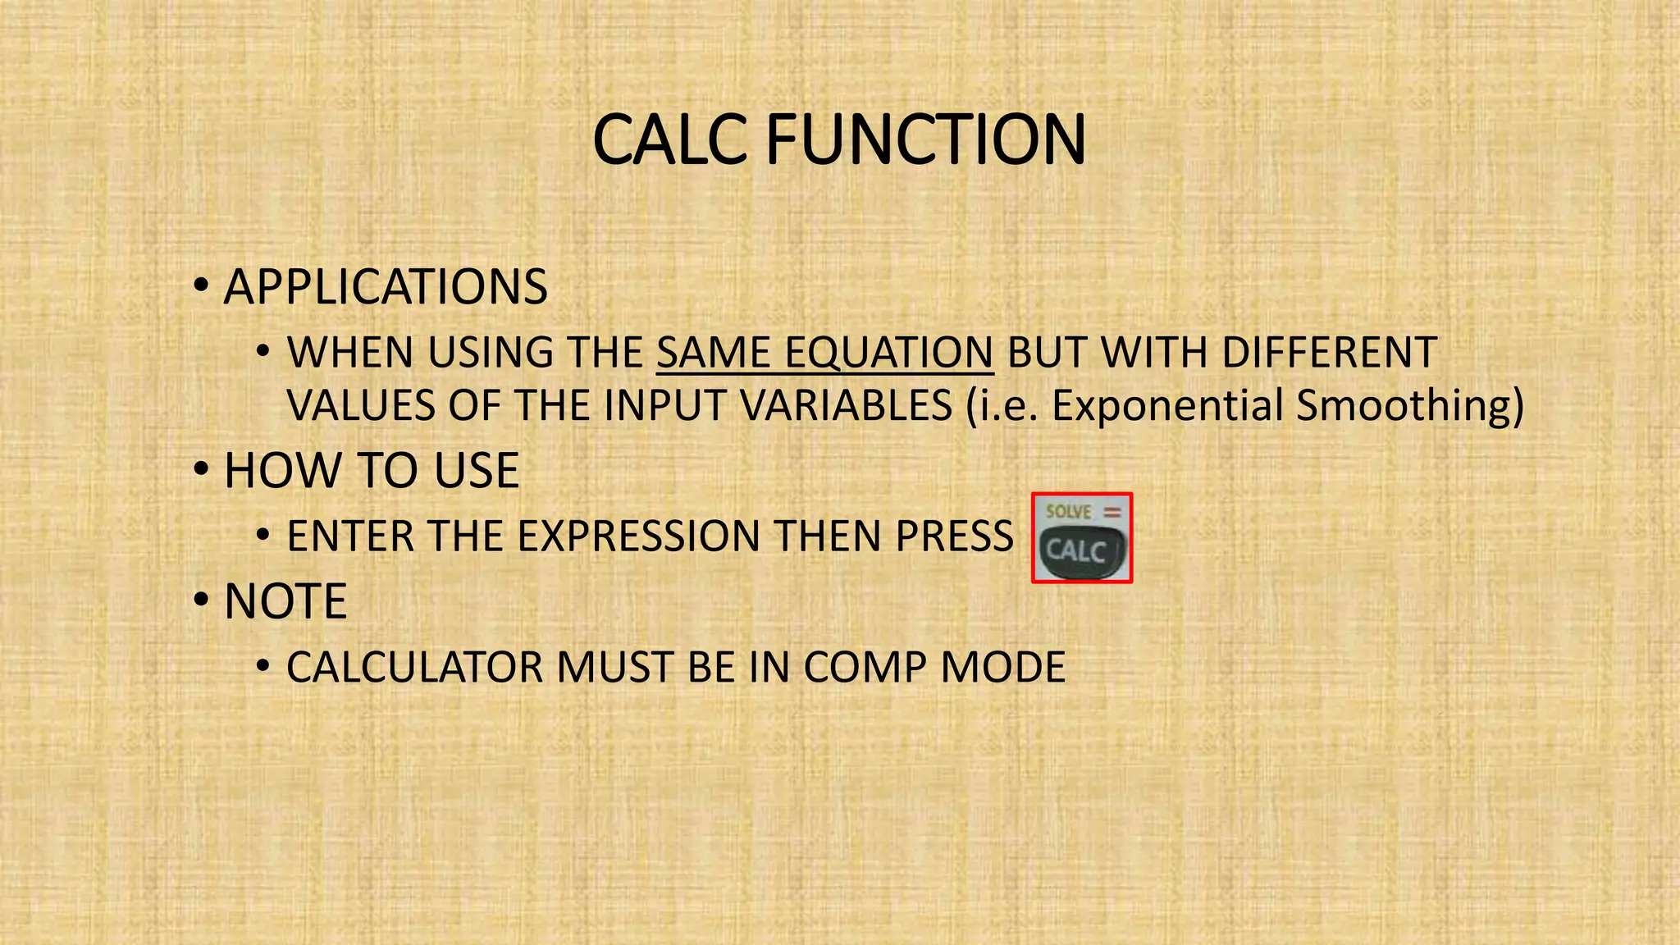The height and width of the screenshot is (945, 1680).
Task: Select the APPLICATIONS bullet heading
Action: coord(386,287)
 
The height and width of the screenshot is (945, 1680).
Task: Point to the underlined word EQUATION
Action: coord(888,353)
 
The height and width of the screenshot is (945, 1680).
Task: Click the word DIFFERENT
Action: coord(1329,353)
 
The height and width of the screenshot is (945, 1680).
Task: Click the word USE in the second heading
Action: coord(477,471)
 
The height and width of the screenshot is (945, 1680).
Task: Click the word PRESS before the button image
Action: coord(955,536)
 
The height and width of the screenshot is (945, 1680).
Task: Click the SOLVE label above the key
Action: coord(1068,512)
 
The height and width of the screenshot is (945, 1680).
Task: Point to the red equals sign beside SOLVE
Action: coord(1112,512)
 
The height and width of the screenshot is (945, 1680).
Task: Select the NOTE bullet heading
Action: coord(285,601)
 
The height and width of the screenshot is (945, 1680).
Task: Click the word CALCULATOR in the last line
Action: coord(414,667)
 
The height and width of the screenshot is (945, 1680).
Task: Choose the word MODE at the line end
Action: coord(1002,667)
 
